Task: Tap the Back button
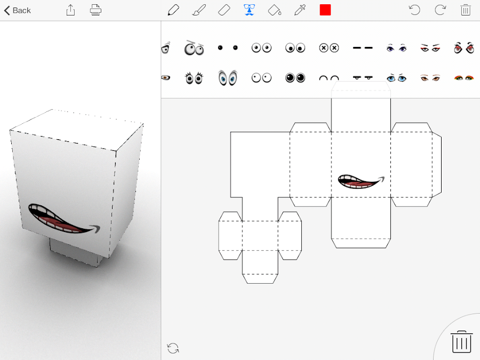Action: click(x=18, y=11)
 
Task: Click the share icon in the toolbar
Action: click(x=70, y=10)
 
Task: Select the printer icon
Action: click(x=95, y=10)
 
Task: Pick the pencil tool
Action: click(x=173, y=10)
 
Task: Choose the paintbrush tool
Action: click(x=199, y=10)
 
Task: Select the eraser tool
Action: click(x=224, y=10)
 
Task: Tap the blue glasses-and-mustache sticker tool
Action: click(x=250, y=10)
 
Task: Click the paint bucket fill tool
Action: click(x=275, y=10)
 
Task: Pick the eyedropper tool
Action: click(x=300, y=10)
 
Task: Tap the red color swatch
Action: click(x=325, y=10)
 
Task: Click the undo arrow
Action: click(x=414, y=10)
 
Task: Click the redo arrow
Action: click(x=440, y=10)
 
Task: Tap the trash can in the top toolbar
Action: click(x=466, y=10)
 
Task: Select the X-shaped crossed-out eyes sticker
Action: click(x=329, y=48)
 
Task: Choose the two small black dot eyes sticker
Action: click(x=228, y=47)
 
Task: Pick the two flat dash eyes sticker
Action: click(x=363, y=48)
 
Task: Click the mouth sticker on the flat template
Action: click(x=361, y=181)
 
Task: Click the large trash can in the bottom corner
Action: click(x=462, y=342)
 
